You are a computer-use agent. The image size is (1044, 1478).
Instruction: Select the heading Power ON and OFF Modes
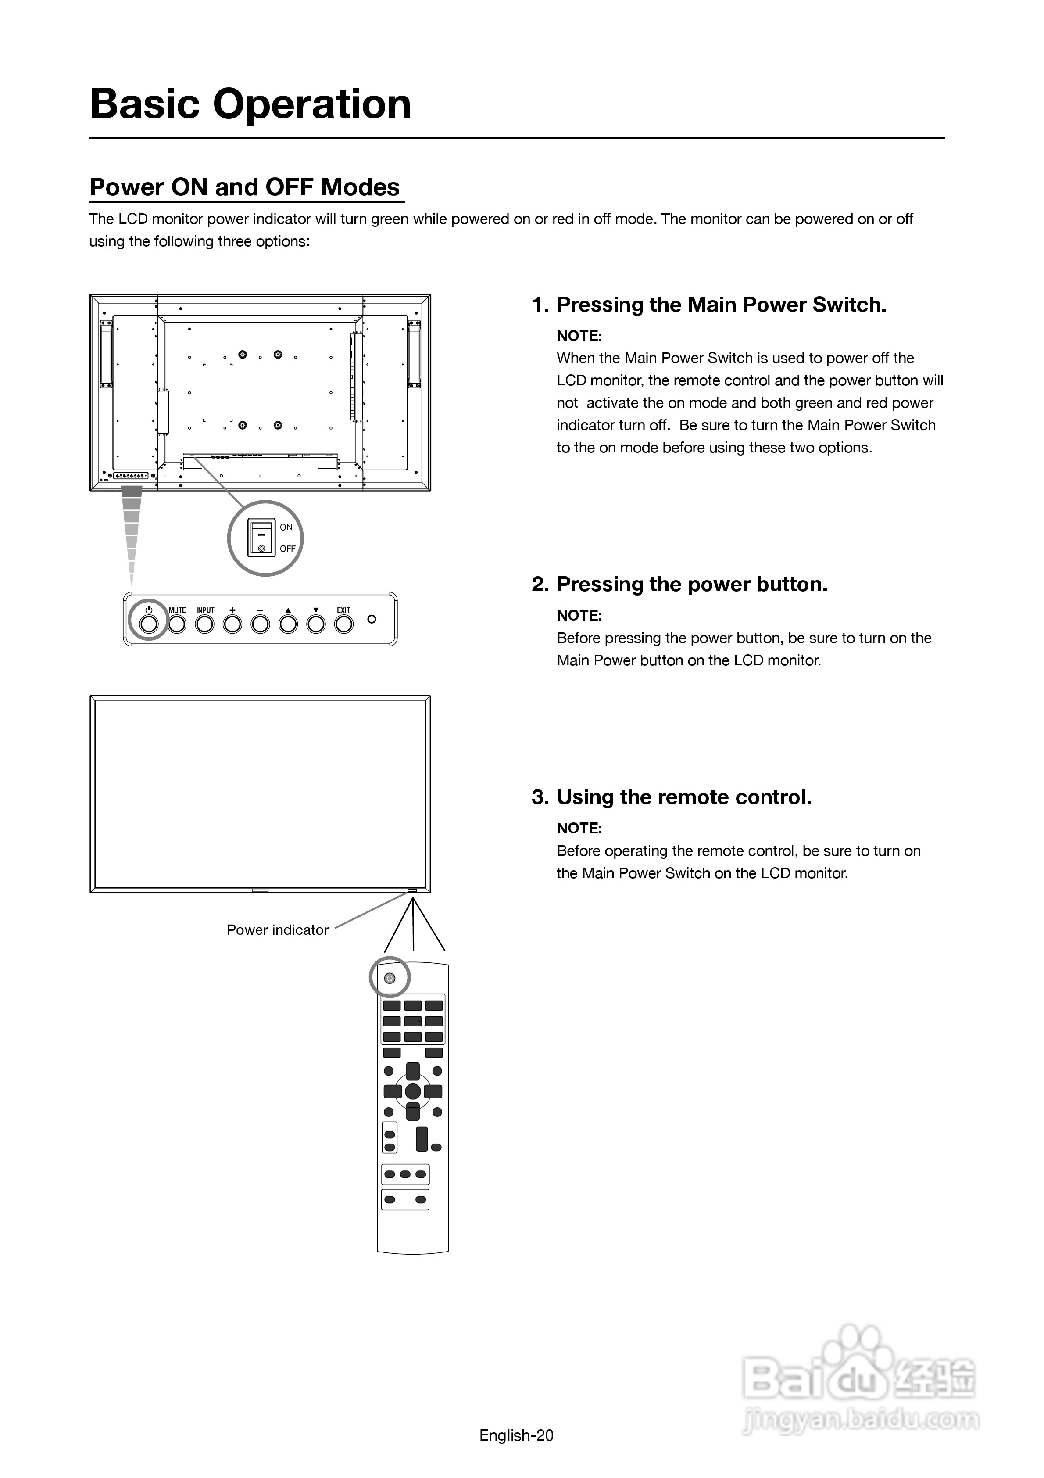coord(245,187)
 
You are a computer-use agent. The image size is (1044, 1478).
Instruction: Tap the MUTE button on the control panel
coord(177,623)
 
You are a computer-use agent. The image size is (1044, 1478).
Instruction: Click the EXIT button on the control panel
coord(344,623)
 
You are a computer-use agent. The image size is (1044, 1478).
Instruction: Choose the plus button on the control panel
coord(232,623)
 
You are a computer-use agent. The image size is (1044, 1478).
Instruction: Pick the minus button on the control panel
coord(260,623)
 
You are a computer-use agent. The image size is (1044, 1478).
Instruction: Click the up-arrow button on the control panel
coord(288,623)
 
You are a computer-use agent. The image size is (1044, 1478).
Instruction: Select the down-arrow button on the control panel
coord(316,623)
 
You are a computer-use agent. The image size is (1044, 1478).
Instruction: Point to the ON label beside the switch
coord(286,527)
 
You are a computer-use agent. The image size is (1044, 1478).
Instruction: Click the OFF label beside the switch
coord(287,549)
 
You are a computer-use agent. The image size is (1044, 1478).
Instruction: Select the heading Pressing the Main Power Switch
coord(721,305)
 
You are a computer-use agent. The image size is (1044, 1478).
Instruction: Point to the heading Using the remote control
coord(683,797)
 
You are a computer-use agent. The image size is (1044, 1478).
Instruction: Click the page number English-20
coord(516,1435)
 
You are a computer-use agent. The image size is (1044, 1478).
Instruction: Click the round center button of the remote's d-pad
coord(413,1091)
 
